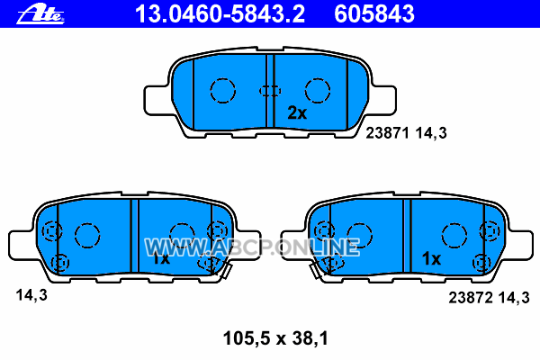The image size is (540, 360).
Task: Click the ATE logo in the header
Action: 40,14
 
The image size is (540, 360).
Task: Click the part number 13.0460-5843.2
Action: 220,14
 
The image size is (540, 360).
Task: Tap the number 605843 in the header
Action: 374,14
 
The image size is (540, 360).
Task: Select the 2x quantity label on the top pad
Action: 297,112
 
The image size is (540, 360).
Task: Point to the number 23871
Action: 387,133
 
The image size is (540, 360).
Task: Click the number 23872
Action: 471,298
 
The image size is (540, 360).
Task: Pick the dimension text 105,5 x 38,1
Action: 275,338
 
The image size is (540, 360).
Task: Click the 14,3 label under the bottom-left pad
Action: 31,295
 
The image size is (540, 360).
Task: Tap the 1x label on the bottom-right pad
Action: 431,258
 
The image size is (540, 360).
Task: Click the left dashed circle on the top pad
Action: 211,90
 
